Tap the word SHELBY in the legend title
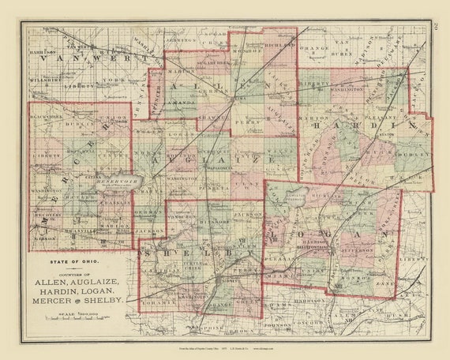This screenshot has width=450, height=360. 105,301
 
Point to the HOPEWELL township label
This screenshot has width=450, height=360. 78,150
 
